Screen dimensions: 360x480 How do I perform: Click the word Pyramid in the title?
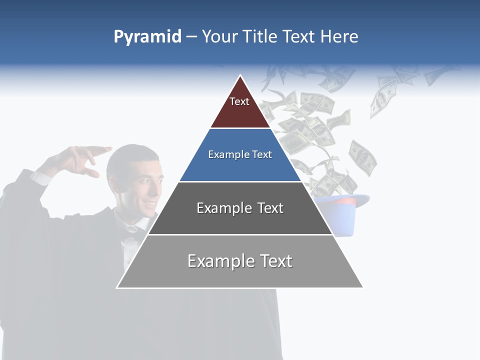[147, 37]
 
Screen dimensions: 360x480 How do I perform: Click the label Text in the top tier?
[239, 101]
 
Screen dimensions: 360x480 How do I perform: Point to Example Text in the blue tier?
[240, 154]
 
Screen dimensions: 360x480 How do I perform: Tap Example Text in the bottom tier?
[240, 261]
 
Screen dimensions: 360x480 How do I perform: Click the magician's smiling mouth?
[148, 204]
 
